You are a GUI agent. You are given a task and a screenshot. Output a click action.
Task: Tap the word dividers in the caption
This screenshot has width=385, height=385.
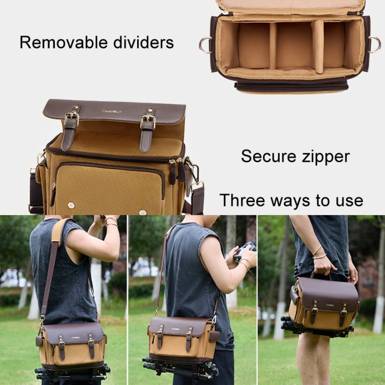tap(142, 43)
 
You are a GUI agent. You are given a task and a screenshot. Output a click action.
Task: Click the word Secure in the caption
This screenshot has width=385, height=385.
tap(266, 156)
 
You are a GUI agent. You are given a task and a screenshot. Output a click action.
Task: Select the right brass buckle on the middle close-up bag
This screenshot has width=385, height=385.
tap(148, 122)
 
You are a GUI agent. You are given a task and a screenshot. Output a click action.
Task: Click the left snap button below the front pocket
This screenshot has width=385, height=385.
tap(70, 205)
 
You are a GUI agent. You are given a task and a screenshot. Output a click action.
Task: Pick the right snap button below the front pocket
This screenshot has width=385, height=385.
tap(143, 211)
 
